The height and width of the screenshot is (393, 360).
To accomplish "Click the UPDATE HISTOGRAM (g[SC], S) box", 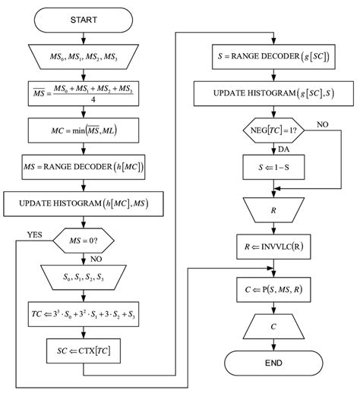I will coord(273,94).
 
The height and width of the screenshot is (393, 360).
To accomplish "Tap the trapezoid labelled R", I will coord(273,209).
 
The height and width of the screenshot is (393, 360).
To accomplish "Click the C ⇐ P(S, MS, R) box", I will coord(273,288).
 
